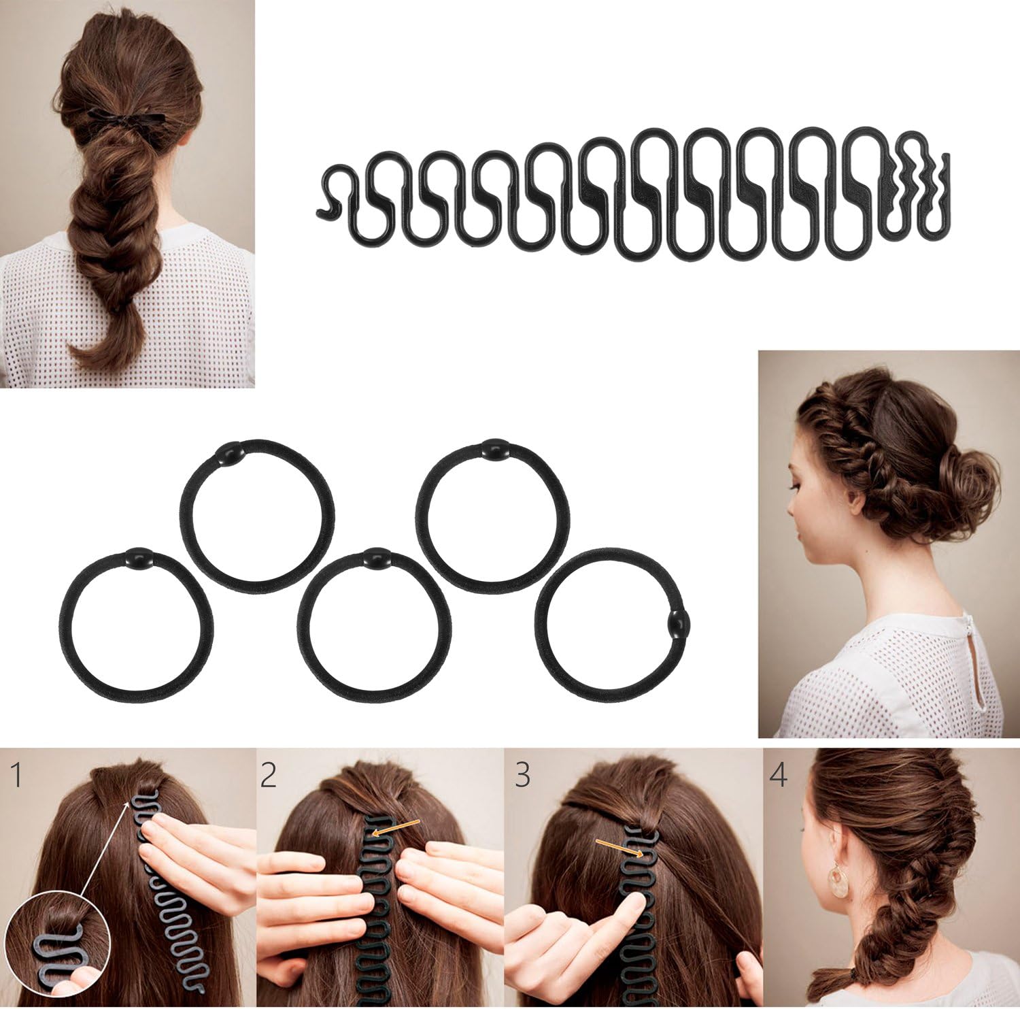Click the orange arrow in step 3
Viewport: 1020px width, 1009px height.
tap(619, 848)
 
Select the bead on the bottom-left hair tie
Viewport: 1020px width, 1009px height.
tap(136, 557)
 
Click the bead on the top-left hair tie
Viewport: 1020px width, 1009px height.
tap(228, 451)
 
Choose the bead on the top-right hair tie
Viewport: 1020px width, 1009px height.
tap(492, 448)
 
